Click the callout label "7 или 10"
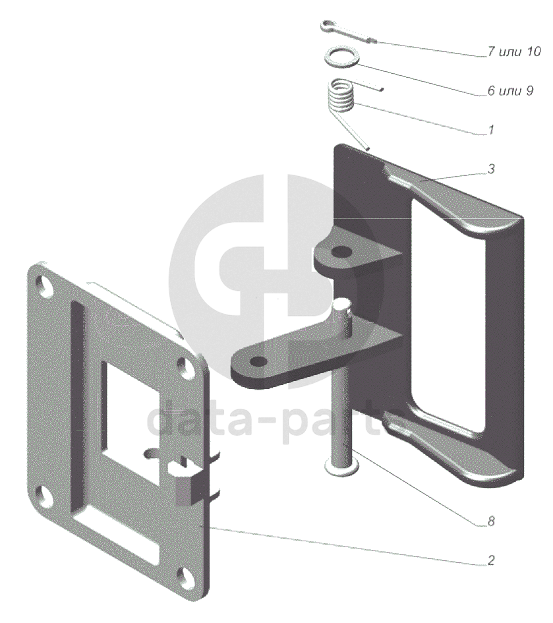point(513,51)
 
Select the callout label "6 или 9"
point(510,91)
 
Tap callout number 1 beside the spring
point(491,130)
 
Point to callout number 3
point(492,169)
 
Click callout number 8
point(492,521)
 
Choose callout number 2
point(492,560)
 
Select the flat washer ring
point(342,57)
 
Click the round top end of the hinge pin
point(342,305)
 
